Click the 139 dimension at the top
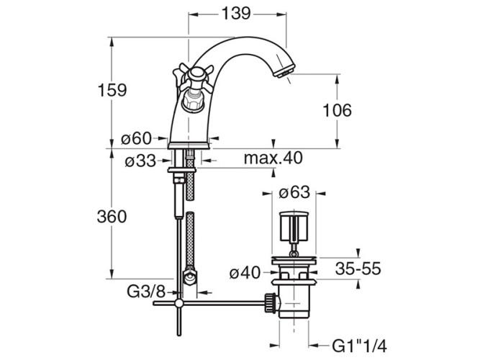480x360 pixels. coord(236,14)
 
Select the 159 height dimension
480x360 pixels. coord(112,90)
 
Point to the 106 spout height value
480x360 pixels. coord(338,110)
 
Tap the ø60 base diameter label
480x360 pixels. coord(136,139)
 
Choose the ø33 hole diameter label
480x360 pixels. coord(140,161)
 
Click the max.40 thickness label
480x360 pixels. coord(273,158)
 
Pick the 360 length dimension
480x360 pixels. coord(112,217)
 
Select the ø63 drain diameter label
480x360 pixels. coord(294,192)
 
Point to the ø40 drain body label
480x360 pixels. coord(245,272)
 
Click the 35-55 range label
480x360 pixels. coord(358,269)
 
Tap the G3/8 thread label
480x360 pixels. coord(146,292)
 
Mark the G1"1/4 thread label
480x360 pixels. coord(359,346)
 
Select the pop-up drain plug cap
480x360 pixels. coord(294,226)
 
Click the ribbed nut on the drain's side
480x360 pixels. coord(270,302)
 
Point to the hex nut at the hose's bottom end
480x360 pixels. coord(190,276)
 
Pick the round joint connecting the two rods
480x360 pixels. coord(178,303)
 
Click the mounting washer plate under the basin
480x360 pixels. coord(181,170)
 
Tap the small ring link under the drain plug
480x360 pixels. coord(294,253)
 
